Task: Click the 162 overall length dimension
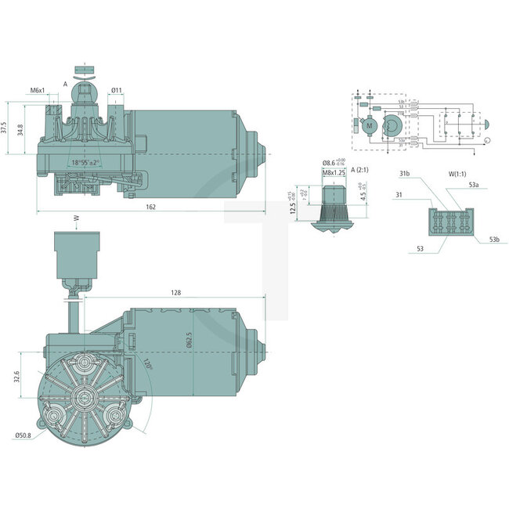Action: click(150, 207)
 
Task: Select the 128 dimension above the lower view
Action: click(175, 292)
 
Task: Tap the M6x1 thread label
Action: click(38, 91)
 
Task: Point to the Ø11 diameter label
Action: click(116, 91)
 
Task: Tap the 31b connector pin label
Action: click(405, 173)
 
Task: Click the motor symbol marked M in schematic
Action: click(367, 124)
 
